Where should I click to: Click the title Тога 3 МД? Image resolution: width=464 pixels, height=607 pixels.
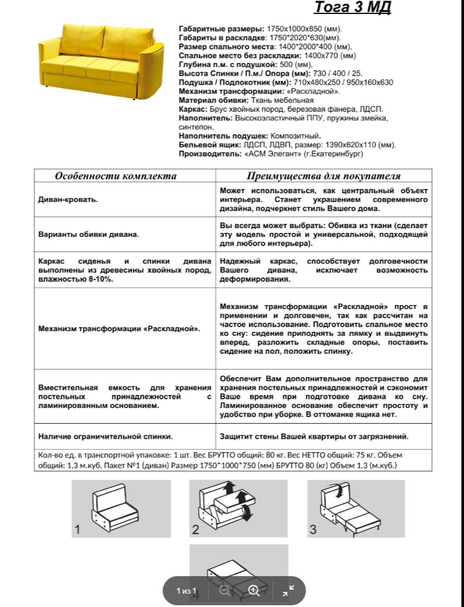(353, 8)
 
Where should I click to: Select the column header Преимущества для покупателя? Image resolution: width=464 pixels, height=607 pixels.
(324, 176)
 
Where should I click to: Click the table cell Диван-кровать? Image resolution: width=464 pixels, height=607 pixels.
(68, 200)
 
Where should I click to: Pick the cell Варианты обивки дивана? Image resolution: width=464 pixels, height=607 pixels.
(88, 235)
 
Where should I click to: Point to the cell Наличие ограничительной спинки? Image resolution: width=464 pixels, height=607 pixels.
(105, 436)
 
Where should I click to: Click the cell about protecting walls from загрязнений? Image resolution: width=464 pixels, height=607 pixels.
(314, 436)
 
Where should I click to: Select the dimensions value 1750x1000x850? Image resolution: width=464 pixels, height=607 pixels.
(303, 29)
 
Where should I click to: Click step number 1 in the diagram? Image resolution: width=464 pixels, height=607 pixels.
(77, 530)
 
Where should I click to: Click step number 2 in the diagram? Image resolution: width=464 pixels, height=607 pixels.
(196, 530)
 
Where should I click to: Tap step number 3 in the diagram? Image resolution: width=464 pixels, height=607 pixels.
(313, 530)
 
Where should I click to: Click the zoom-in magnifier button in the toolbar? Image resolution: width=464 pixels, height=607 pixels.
(253, 590)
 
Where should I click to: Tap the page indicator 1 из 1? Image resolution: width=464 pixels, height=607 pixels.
(187, 591)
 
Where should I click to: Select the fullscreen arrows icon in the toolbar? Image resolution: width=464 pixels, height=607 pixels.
(288, 590)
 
